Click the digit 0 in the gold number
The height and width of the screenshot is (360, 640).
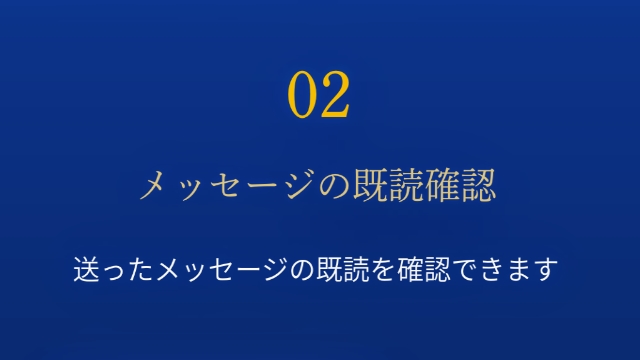point(304,95)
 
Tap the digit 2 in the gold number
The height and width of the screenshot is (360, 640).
point(335,95)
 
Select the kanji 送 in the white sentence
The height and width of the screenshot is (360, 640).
point(86,270)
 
